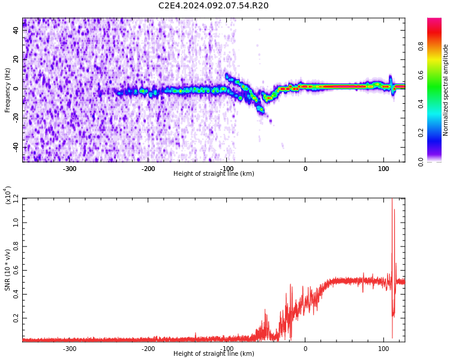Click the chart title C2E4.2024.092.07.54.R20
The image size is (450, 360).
(x=214, y=5)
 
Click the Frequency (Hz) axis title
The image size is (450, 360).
(x=7, y=90)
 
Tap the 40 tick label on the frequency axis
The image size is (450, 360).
(x=16, y=30)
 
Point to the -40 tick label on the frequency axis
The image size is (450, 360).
(x=16, y=148)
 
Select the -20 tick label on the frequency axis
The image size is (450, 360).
(x=16, y=118)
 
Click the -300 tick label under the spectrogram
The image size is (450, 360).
(x=69, y=169)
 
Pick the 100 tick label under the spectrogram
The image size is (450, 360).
(x=383, y=169)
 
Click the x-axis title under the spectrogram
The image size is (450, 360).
(x=214, y=173)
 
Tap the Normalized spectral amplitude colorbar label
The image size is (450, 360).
(x=445, y=90)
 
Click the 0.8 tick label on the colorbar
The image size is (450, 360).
(x=421, y=46)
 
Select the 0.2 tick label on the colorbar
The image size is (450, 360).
(x=421, y=133)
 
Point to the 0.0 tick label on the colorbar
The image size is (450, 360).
(x=421, y=161)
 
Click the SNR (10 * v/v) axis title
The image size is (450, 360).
(x=7, y=270)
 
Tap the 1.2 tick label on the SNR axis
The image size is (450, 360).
(x=16, y=199)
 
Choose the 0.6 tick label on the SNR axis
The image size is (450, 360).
(x=16, y=270)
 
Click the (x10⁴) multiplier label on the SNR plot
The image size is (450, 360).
(x=7, y=195)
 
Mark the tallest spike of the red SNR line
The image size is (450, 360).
(x=392, y=199)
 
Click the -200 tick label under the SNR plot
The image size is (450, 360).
(x=148, y=349)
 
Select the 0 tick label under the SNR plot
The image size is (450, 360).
(x=305, y=349)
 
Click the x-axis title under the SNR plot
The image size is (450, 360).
(x=214, y=353)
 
